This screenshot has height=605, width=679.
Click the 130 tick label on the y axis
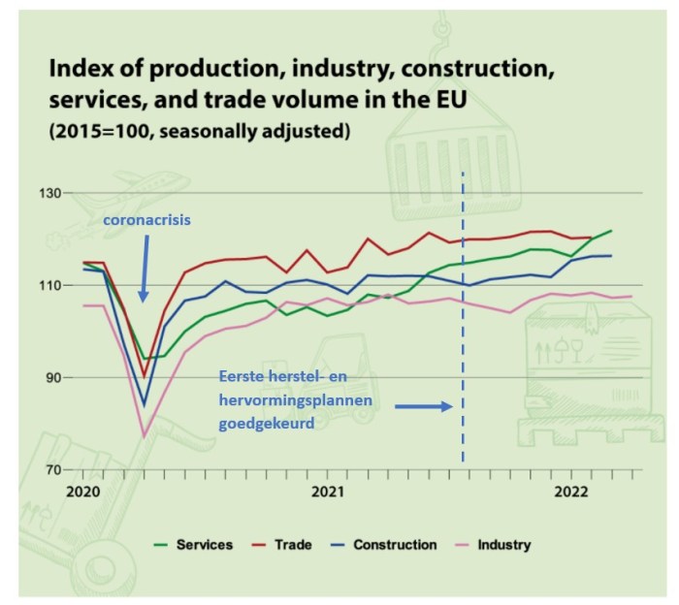(48, 194)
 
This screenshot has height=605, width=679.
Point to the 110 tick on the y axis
(48, 286)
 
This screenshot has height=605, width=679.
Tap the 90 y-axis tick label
(51, 378)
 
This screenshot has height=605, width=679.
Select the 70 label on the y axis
(51, 470)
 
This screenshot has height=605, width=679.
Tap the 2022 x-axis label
(573, 492)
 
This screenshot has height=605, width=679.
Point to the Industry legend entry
(503, 545)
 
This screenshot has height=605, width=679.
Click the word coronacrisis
(147, 220)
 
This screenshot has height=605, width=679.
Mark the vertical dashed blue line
(463, 320)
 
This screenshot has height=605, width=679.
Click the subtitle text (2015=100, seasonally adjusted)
(198, 131)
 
